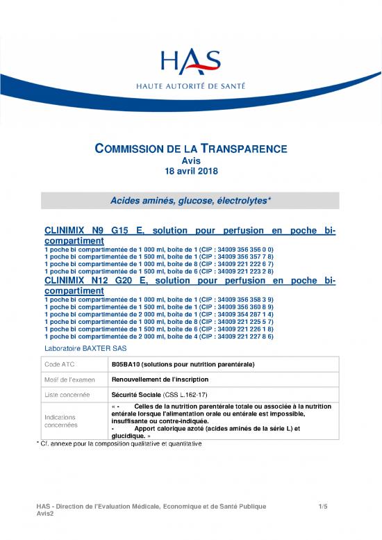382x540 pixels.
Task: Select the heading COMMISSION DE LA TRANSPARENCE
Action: (190, 148)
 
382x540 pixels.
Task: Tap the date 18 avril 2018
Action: (190, 171)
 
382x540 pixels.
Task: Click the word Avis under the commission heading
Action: (190, 161)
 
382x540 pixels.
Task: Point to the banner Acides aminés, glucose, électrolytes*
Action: (190, 200)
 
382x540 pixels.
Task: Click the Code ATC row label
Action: (61, 364)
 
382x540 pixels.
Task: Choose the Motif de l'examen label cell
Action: (68, 379)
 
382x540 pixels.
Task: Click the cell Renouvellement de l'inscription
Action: (163, 379)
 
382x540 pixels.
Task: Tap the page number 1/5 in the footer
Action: (322, 507)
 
